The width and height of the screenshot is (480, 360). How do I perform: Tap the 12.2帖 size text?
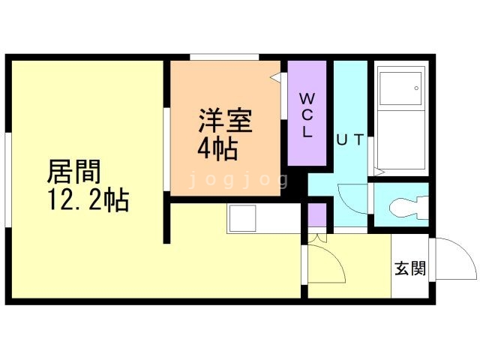(88, 201)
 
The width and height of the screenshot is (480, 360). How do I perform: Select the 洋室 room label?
(224, 120)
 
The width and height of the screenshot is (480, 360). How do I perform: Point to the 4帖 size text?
(217, 148)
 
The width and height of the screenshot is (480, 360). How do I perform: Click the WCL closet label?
(307, 115)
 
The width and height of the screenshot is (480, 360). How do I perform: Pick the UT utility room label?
(349, 139)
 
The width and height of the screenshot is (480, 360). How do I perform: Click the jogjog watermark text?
(238, 180)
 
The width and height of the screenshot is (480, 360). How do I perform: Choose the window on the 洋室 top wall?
(224, 57)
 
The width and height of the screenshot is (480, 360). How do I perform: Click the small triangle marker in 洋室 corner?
(275, 76)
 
